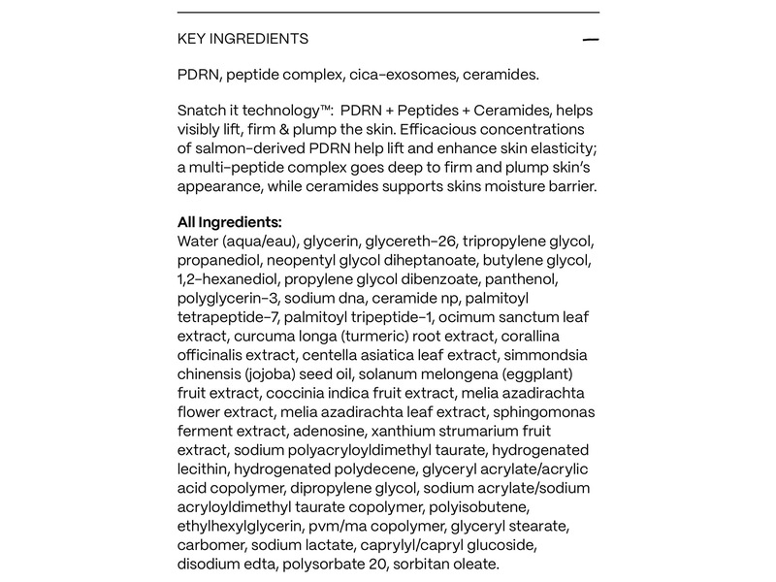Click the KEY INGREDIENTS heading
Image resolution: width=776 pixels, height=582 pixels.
(242, 39)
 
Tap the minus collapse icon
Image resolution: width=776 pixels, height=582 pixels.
(591, 40)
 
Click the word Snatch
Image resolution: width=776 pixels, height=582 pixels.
(204, 112)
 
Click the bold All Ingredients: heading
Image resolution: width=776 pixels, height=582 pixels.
(230, 222)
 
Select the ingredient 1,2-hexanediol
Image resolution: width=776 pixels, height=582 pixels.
(229, 278)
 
